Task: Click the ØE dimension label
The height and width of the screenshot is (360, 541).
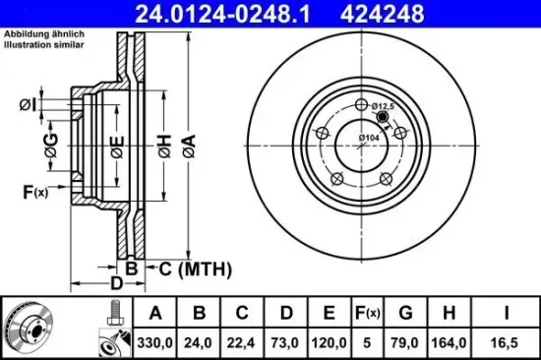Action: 117,149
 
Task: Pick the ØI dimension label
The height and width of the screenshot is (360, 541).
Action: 28,104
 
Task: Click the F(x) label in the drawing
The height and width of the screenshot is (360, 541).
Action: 35,191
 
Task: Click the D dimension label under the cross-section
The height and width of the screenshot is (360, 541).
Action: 116,285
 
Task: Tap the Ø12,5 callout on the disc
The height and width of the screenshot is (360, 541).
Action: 383,105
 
